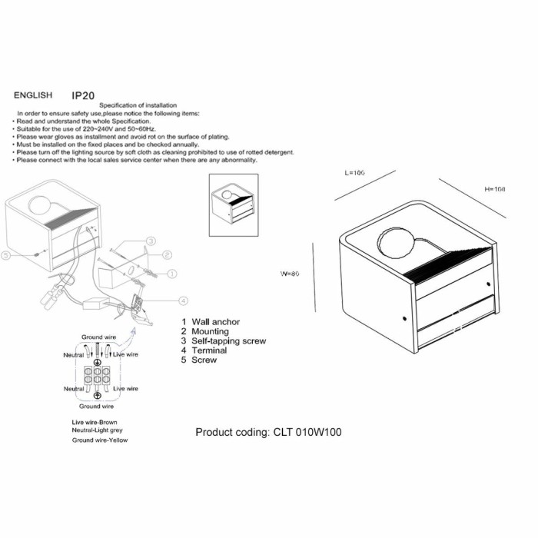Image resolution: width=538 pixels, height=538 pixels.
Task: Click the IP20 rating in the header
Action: [x=83, y=95]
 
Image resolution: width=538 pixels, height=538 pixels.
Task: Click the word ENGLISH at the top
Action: [x=33, y=96]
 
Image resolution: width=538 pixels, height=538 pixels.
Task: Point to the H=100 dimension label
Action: [x=495, y=189]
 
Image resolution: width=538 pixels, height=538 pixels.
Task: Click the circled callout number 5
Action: [x=7, y=254]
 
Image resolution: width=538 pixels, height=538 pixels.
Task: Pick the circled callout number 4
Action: [x=183, y=301]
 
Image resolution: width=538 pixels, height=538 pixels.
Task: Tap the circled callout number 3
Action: [x=151, y=241]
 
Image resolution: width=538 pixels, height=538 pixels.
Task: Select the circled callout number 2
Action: [x=166, y=254]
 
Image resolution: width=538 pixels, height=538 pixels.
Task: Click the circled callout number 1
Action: [x=172, y=273]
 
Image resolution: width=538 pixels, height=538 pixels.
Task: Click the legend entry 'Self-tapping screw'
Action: [x=223, y=340]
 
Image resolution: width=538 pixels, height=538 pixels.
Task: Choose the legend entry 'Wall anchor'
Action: [x=210, y=322]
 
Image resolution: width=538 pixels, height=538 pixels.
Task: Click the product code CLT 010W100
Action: [x=268, y=433]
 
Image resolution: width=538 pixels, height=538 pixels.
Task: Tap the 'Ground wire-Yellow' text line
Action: [x=100, y=440]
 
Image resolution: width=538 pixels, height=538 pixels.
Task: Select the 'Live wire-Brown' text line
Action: [x=95, y=423]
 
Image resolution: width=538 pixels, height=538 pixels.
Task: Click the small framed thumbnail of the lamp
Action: [x=233, y=204]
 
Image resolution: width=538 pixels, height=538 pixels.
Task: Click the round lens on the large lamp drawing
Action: [x=395, y=244]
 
